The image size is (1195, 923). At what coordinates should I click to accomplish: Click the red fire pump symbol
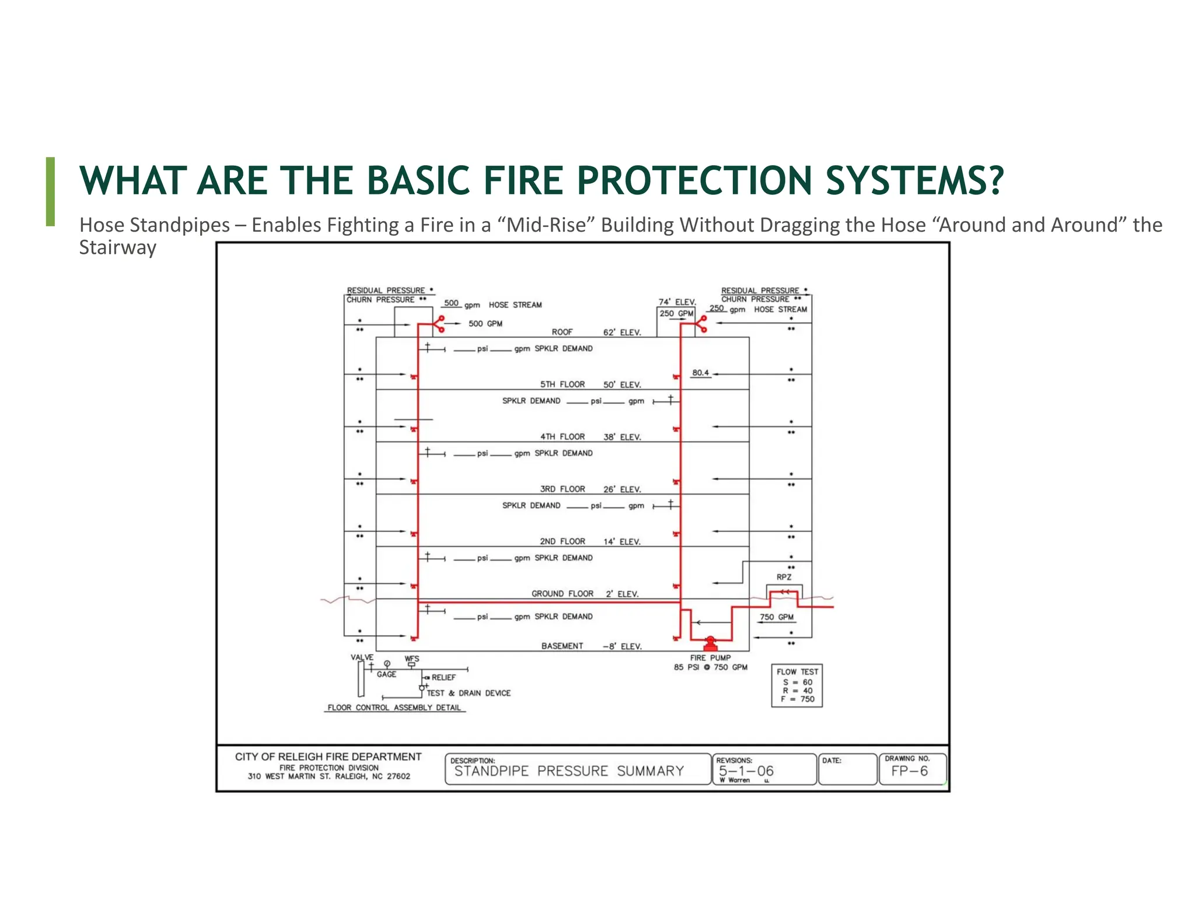(x=710, y=644)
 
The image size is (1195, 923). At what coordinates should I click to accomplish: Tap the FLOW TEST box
(x=796, y=686)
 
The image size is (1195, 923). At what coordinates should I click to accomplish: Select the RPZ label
(x=784, y=577)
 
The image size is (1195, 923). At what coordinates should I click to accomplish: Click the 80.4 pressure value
(x=700, y=373)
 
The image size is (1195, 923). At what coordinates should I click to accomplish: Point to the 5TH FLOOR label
(x=562, y=384)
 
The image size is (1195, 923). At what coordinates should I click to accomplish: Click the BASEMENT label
(x=562, y=646)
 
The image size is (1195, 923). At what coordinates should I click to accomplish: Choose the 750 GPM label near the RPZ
(x=776, y=617)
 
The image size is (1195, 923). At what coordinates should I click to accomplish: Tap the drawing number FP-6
(x=909, y=771)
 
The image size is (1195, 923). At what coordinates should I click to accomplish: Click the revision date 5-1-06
(x=746, y=771)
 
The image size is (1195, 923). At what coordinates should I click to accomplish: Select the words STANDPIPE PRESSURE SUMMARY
(x=569, y=771)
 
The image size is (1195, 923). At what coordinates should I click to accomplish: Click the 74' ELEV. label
(x=677, y=302)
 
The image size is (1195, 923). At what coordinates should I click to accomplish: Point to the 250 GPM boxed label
(x=676, y=313)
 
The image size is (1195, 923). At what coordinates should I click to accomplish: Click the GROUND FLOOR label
(x=562, y=593)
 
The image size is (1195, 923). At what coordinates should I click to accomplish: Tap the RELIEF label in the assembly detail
(x=443, y=677)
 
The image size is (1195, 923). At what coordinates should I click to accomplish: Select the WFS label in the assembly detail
(x=411, y=659)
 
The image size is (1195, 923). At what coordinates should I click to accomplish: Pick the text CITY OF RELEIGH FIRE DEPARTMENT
(x=328, y=757)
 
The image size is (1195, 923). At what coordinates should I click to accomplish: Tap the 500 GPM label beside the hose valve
(x=485, y=324)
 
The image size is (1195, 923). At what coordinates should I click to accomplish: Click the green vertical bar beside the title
(x=50, y=191)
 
